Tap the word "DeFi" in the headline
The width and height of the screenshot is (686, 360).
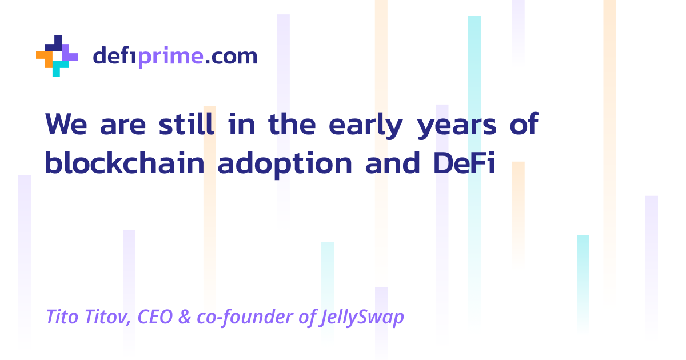pyautogui.click(x=461, y=163)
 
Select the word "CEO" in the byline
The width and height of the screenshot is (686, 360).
pyautogui.click(x=155, y=317)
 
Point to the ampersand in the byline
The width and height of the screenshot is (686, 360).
pyautogui.click(x=185, y=317)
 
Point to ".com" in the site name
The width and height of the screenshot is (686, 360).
pyautogui.click(x=231, y=57)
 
